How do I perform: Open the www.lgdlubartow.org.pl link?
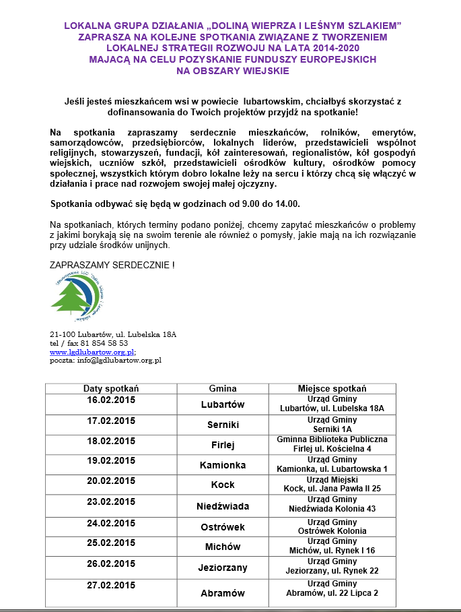[92, 351]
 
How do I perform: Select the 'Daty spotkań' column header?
[111, 389]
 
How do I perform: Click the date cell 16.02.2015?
[111, 400]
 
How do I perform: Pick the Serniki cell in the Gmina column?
[223, 425]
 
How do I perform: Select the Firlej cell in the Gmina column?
[223, 446]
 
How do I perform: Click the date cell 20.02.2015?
[111, 481]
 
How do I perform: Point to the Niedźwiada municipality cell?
[223, 506]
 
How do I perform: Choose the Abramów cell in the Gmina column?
[223, 594]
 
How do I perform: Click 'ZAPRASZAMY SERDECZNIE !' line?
[112, 266]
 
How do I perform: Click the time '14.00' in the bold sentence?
[287, 204]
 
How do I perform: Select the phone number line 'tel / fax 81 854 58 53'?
[89, 342]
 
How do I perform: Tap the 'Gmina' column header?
[223, 389]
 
